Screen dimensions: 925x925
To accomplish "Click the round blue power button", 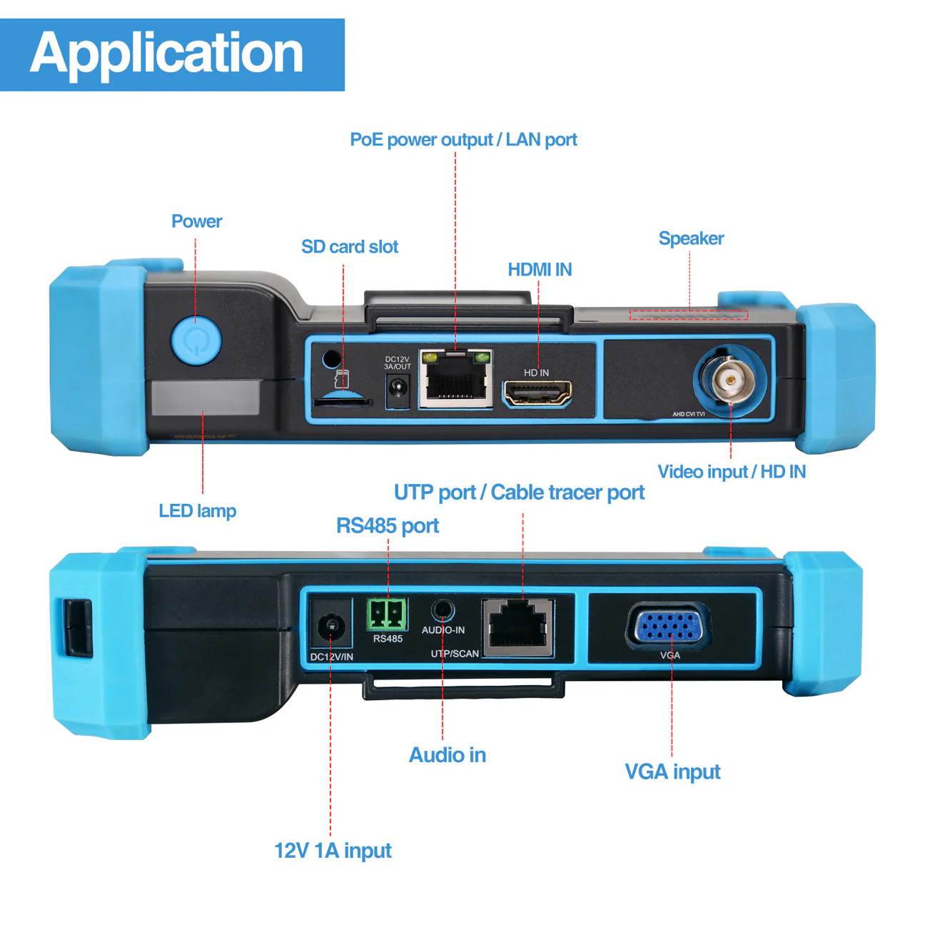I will click(x=196, y=341).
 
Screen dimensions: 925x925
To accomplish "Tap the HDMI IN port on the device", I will click(x=537, y=393).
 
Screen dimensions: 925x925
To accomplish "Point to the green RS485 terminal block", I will click(x=388, y=615).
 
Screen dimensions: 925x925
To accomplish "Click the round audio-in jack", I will click(x=443, y=611).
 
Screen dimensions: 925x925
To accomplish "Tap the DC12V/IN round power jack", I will click(x=331, y=626).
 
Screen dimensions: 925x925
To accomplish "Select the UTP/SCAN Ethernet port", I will click(x=518, y=626).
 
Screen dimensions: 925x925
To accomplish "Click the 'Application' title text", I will click(x=167, y=54).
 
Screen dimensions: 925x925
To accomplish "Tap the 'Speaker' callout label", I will click(x=691, y=238).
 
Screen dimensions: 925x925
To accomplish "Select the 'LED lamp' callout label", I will click(x=197, y=511).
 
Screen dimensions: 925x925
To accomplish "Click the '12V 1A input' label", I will click(x=333, y=851).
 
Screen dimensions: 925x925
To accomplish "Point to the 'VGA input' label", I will click(x=672, y=772).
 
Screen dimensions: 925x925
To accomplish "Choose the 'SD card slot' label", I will click(x=350, y=247).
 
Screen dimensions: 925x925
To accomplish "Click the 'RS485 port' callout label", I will click(x=388, y=526).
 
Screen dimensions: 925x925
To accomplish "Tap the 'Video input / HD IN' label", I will click(x=732, y=472).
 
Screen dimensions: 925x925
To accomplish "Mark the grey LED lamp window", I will click(x=205, y=398).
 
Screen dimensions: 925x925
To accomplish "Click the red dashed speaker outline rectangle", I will click(x=689, y=315).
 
